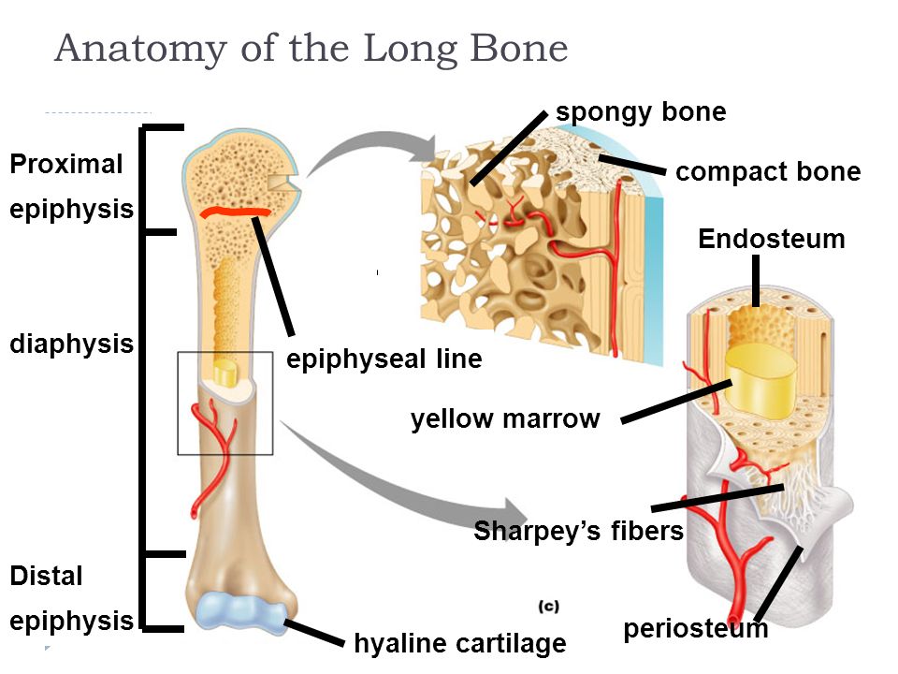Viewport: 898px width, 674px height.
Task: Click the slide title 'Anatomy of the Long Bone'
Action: tap(311, 48)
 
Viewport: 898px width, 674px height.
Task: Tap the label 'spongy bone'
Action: tap(641, 112)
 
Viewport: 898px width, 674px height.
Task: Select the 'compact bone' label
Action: tap(768, 171)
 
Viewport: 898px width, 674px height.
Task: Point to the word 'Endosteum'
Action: tap(772, 239)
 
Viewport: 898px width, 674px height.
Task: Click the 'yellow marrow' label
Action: tap(505, 419)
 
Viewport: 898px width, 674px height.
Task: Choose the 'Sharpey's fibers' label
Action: tap(578, 531)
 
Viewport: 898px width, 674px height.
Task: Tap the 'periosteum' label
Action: tap(695, 629)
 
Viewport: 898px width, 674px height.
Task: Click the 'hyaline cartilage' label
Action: tap(460, 643)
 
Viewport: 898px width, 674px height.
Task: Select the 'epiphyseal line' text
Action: tap(384, 359)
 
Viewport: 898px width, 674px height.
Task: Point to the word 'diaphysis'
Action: tap(72, 344)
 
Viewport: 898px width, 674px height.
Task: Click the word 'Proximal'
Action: tap(66, 164)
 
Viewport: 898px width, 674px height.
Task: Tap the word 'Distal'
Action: tap(47, 576)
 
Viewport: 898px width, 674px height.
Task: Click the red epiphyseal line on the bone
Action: tap(235, 212)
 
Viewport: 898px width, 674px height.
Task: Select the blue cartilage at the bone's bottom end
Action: tap(240, 612)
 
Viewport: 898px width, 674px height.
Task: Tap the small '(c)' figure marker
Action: tap(549, 607)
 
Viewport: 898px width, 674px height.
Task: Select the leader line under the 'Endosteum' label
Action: tap(756, 281)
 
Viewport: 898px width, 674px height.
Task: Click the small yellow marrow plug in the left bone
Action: tap(224, 374)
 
